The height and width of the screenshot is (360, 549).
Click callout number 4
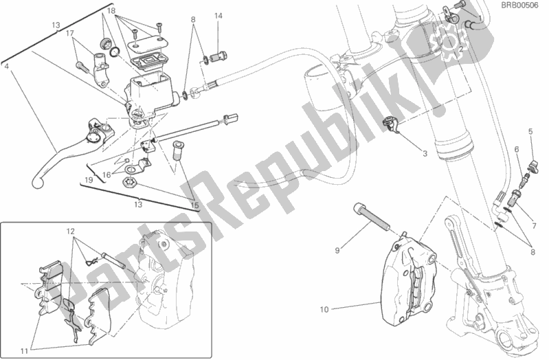point(5,67)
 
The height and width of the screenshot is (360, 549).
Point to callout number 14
point(218,15)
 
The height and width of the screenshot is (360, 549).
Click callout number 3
point(425,154)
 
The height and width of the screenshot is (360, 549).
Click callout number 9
point(337,251)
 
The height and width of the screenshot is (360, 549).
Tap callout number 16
point(107,176)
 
